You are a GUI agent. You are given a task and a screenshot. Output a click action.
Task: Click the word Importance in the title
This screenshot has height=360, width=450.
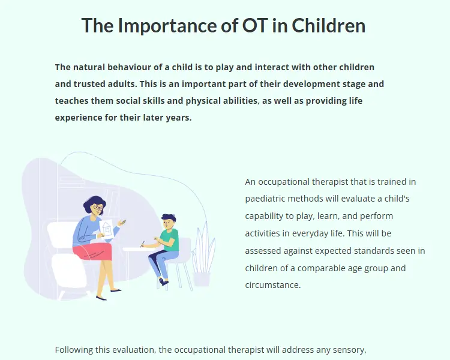point(167,25)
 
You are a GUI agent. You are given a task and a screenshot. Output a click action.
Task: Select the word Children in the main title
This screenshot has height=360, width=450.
point(329,25)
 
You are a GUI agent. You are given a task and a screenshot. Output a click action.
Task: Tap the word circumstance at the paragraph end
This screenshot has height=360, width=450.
point(272,285)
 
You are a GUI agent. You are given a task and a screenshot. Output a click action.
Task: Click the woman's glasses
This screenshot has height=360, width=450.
point(98,207)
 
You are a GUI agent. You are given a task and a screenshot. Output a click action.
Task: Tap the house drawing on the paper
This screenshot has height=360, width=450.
point(106,229)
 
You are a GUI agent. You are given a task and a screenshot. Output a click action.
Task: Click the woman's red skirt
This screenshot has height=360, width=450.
point(93,251)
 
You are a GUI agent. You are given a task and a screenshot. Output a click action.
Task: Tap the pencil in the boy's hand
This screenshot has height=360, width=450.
point(142,244)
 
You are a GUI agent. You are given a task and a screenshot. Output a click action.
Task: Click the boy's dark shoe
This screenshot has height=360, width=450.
point(163,282)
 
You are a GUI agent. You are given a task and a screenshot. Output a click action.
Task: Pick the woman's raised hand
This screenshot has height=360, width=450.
point(122,223)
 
